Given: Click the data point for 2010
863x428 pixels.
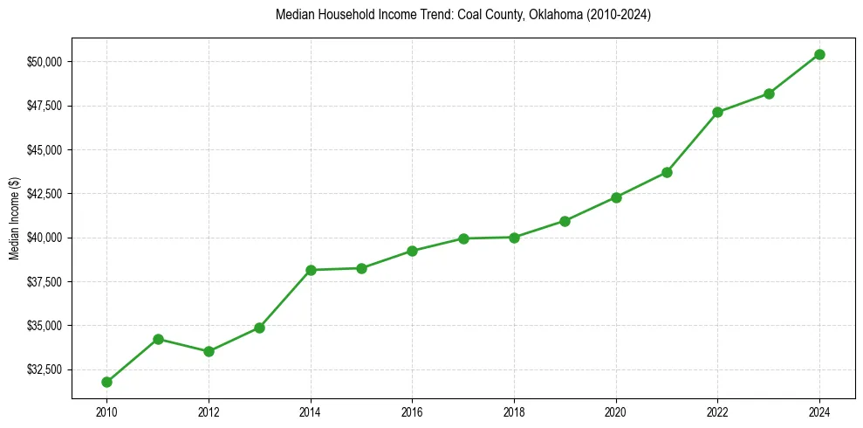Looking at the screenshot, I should pyautogui.click(x=106, y=382).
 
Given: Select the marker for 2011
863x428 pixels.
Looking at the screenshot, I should pyautogui.click(x=158, y=339).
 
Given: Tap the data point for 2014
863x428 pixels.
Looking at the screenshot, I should pyautogui.click(x=311, y=270).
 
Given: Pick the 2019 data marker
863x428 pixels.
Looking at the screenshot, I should pyautogui.click(x=565, y=221).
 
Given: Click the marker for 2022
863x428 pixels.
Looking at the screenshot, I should pyautogui.click(x=717, y=112).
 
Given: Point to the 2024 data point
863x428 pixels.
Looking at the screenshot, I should pyautogui.click(x=819, y=54).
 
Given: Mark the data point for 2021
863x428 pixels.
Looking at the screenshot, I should pyautogui.click(x=667, y=172).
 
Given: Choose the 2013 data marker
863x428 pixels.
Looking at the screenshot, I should pyautogui.click(x=259, y=328).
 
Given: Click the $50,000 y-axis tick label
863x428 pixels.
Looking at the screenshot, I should pyautogui.click(x=44, y=62).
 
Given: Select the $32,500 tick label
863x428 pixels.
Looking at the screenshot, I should pyautogui.click(x=44, y=369).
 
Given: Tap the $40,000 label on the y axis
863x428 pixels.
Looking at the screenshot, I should pyautogui.click(x=44, y=238).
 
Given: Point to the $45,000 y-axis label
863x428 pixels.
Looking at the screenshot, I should pyautogui.click(x=44, y=150).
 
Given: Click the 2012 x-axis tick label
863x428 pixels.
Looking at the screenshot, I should pyautogui.click(x=209, y=411).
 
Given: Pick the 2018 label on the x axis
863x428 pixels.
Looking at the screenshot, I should pyautogui.click(x=514, y=411).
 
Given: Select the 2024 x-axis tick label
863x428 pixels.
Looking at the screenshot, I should pyautogui.click(x=819, y=411).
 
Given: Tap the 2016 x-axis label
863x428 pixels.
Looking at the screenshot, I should pyautogui.click(x=412, y=411).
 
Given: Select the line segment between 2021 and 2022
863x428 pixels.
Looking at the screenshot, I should pyautogui.click(x=692, y=142).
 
